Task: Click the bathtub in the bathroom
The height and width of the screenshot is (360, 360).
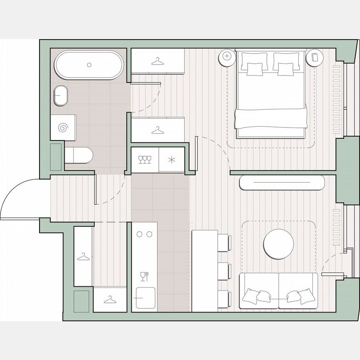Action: tap(89, 65)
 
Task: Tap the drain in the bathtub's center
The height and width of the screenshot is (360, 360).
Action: tap(89, 65)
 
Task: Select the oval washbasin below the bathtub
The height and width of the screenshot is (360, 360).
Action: tap(61, 95)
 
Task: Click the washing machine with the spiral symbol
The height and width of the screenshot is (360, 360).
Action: tap(63, 127)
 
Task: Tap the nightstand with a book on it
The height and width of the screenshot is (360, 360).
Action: tap(314, 57)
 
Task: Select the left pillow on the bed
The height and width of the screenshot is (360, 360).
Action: tap(255, 68)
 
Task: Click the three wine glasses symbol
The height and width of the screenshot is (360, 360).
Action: tap(145, 159)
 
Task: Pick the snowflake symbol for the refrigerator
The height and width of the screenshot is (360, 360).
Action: tap(172, 160)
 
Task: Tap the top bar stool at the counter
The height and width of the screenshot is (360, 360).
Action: tap(224, 242)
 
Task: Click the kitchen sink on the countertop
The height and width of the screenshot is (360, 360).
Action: tap(145, 298)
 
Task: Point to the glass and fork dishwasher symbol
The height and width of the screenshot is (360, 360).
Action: tap(145, 276)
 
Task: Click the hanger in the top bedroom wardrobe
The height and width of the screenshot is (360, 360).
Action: tap(157, 62)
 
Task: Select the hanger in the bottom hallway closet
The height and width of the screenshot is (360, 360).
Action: tap(110, 299)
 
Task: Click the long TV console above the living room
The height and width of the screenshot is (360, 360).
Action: tap(282, 182)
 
